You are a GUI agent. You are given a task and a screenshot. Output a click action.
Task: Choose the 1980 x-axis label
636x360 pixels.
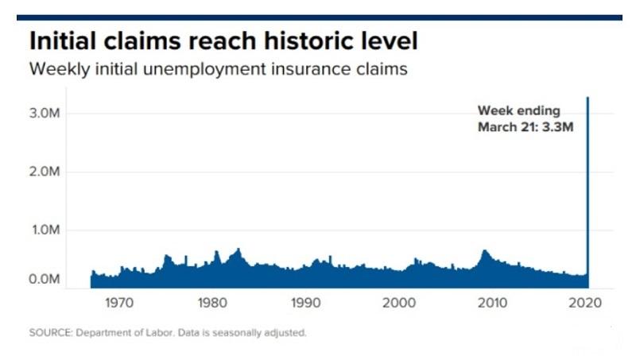(x=211, y=303)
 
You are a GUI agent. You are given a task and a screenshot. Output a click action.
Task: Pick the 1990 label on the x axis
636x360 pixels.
(x=305, y=303)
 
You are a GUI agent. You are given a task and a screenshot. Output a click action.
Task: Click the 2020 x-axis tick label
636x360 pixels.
(x=586, y=303)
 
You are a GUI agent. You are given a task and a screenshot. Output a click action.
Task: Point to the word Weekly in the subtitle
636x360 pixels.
(x=56, y=69)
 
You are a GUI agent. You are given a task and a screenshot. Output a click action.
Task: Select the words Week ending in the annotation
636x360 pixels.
(x=518, y=111)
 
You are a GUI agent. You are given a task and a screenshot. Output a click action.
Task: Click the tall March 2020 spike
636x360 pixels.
(x=588, y=191)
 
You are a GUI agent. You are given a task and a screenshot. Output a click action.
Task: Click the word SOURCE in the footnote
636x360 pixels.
(x=49, y=333)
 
